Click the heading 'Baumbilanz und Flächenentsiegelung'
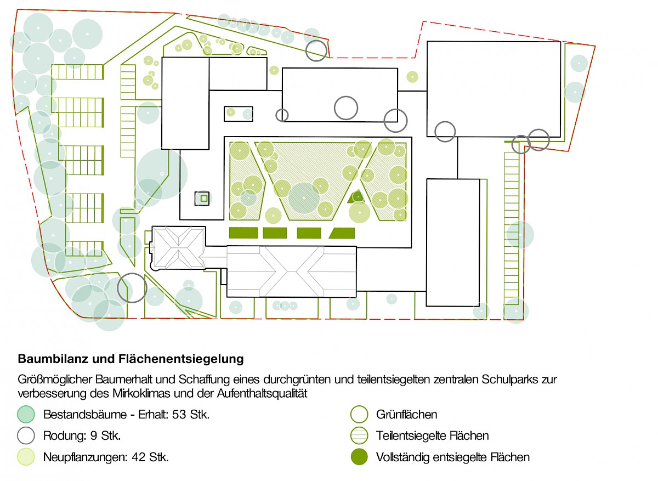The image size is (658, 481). tap(131, 360)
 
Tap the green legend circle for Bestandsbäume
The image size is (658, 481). tap(26, 415)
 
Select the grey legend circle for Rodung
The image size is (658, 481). tap(26, 436)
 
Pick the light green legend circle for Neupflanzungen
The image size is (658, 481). tap(26, 457)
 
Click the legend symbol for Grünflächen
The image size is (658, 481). tap(359, 415)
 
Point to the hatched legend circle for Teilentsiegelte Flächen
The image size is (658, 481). tap(359, 436)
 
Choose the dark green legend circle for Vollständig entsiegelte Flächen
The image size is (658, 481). tap(359, 457)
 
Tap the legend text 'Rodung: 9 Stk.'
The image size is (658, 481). tap(82, 436)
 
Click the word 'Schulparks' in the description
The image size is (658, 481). tap(495, 380)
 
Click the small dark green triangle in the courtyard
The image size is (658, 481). tap(357, 196)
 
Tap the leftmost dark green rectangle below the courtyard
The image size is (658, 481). tap(243, 233)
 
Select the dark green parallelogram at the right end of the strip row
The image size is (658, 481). tap(342, 233)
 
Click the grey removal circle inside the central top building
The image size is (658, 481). tap(346, 107)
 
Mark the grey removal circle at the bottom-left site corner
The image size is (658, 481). tap(132, 288)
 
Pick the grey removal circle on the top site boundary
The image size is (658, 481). tap(317, 50)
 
